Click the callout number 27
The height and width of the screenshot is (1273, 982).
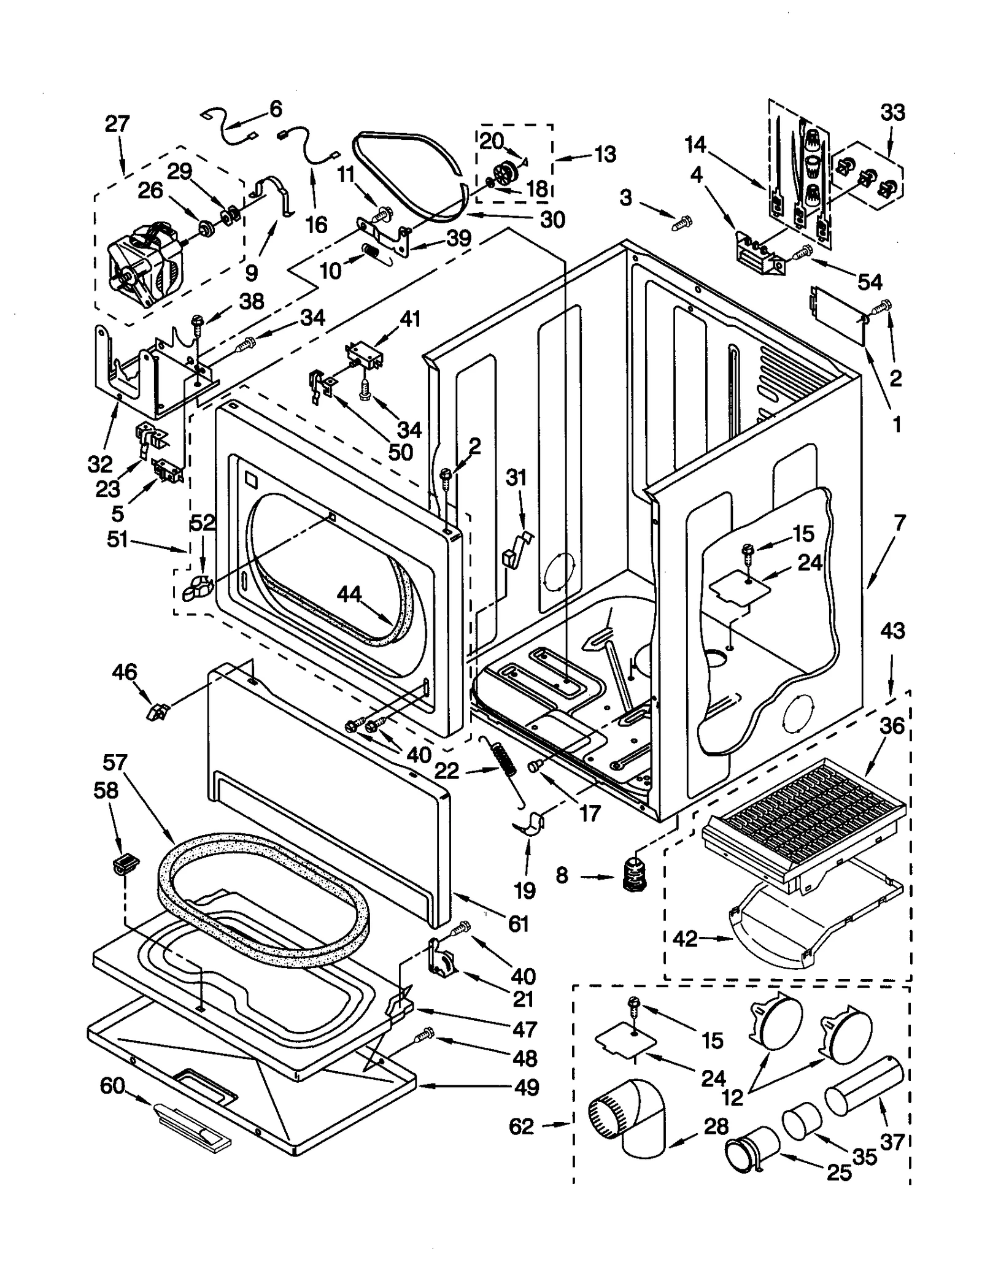coord(117,124)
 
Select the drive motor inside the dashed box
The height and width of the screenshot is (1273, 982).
coord(145,264)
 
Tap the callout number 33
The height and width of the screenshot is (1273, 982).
coord(892,113)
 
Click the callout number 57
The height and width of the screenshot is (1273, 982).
coord(114,763)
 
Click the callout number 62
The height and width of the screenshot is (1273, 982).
coord(521,1126)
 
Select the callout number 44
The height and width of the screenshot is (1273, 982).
coord(349,594)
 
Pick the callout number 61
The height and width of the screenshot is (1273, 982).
coord(519,923)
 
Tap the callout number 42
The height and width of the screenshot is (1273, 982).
coord(685,939)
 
